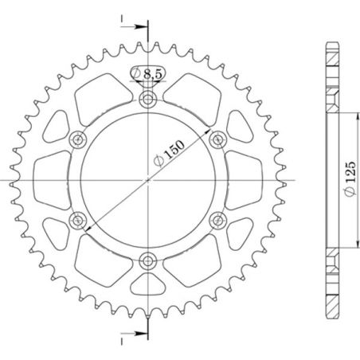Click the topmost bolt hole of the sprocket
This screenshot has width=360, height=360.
pyautogui.click(x=149, y=100)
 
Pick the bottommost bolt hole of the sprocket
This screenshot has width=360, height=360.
pyautogui.click(x=149, y=260)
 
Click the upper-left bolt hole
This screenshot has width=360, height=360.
pyautogui.click(x=79, y=139)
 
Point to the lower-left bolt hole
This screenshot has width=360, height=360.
pyautogui.click(x=79, y=220)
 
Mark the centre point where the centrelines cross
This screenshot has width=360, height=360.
pyautogui.click(x=149, y=180)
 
